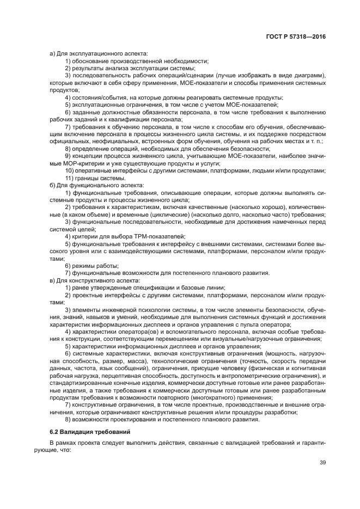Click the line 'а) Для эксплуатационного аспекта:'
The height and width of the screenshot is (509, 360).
point(89,53)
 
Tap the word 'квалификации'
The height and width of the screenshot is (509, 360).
point(138,119)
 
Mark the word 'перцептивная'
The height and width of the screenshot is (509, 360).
point(136,376)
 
